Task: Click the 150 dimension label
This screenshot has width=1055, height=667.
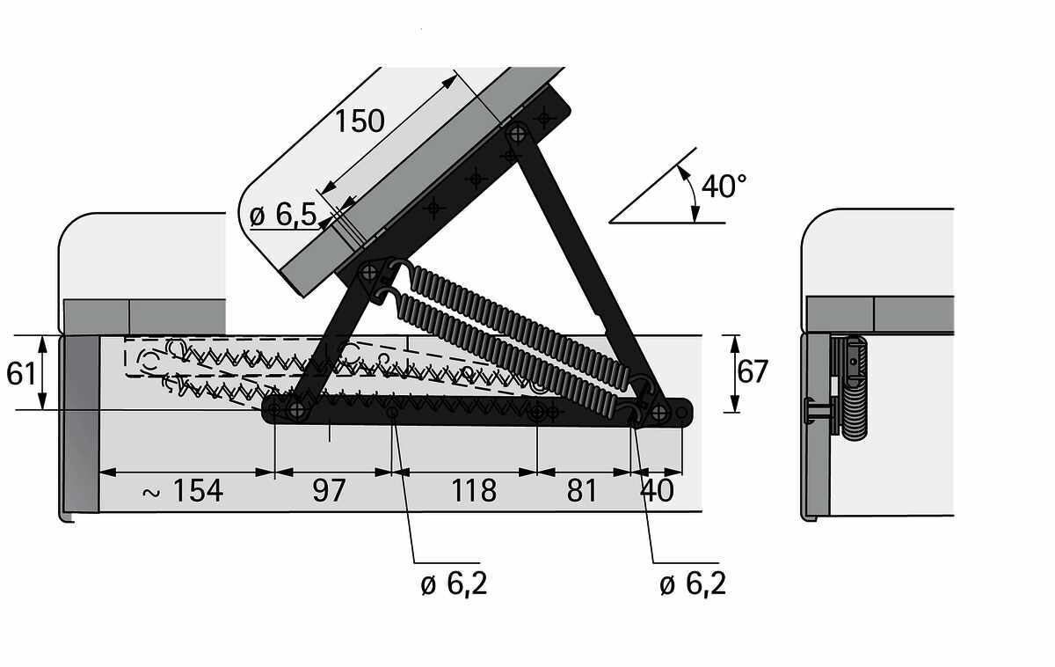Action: [360, 121]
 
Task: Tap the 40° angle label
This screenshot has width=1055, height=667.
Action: [724, 186]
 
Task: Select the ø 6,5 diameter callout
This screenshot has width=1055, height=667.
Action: [282, 216]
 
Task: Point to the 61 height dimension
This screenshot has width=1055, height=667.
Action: [21, 374]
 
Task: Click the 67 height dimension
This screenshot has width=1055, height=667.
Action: [753, 371]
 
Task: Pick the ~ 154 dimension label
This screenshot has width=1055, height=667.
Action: [183, 490]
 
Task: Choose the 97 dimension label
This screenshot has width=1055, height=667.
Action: [329, 490]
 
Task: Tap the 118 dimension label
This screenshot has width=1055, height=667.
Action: [474, 490]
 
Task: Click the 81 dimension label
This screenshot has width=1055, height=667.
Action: [582, 490]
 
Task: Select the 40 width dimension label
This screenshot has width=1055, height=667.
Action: [657, 490]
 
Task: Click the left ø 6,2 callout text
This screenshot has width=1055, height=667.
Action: [454, 584]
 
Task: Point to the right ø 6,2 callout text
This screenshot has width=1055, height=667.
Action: [693, 584]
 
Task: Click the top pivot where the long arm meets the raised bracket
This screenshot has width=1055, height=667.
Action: [518, 134]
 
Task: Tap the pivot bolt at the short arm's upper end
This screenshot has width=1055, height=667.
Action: [369, 272]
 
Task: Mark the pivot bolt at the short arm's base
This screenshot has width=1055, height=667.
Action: [297, 409]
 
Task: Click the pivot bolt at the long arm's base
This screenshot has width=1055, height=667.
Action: [660, 413]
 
